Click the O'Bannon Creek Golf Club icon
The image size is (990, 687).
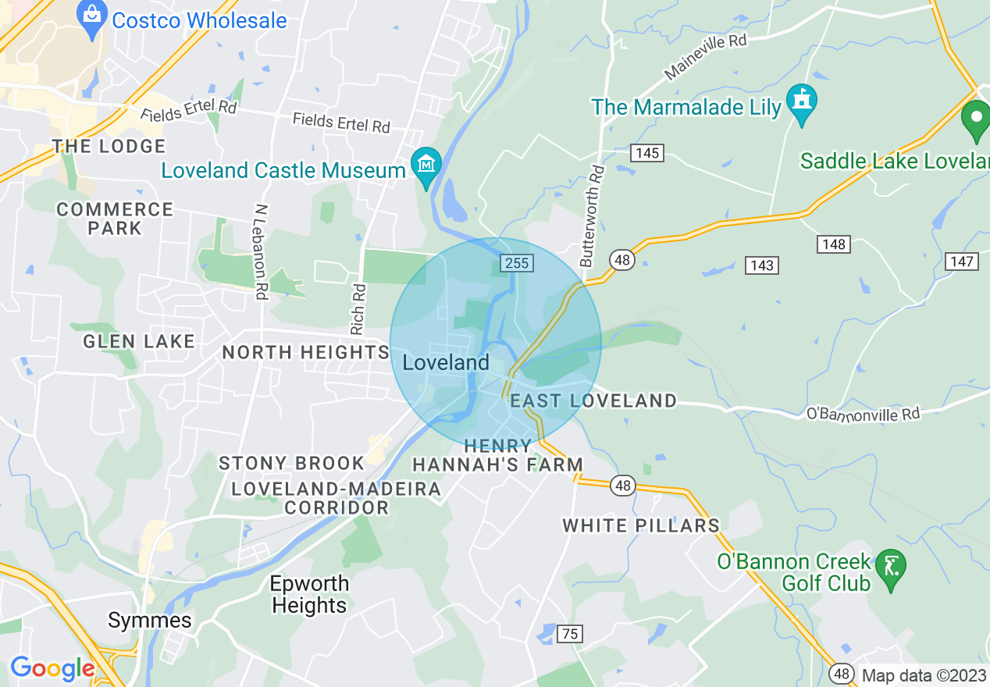(890, 571)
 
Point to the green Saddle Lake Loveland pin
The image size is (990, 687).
(975, 122)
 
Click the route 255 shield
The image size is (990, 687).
(517, 263)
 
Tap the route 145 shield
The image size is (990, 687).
(647, 153)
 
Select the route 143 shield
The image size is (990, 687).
(761, 265)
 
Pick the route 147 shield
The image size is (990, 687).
(962, 261)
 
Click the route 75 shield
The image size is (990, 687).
(570, 634)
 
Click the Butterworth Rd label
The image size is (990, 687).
(592, 215)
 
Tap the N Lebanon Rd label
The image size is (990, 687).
(261, 251)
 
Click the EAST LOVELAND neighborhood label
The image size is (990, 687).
(593, 401)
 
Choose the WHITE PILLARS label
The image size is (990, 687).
(641, 525)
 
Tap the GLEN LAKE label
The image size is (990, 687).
(139, 341)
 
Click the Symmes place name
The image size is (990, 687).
(149, 621)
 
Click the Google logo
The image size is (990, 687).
(52, 668)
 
